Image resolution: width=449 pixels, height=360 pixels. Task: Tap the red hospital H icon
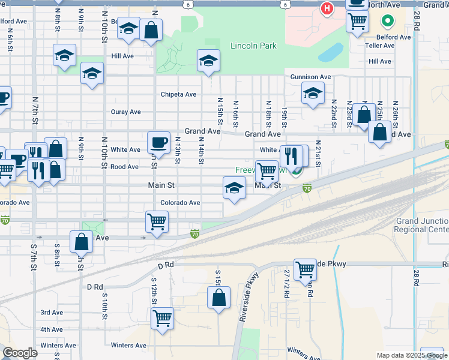[x=327, y=8]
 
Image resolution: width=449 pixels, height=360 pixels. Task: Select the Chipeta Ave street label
[x=178, y=94]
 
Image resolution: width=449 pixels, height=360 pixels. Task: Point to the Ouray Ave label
[x=125, y=112]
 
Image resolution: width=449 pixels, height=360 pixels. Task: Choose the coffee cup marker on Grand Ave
[x=158, y=142]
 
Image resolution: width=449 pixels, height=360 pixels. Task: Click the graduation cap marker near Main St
[x=234, y=188]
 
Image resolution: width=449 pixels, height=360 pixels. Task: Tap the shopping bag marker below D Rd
[x=219, y=298]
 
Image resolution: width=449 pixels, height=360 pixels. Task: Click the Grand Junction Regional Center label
[x=422, y=226]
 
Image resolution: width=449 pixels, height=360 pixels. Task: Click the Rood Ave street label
[x=125, y=167]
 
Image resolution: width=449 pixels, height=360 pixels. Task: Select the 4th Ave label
[x=52, y=329]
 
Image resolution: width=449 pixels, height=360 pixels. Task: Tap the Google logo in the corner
[x=20, y=353]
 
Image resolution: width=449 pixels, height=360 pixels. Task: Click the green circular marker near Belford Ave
[x=388, y=23]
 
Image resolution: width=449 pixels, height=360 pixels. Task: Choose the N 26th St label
[x=396, y=111]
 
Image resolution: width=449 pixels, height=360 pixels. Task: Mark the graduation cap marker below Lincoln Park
[x=208, y=61]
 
